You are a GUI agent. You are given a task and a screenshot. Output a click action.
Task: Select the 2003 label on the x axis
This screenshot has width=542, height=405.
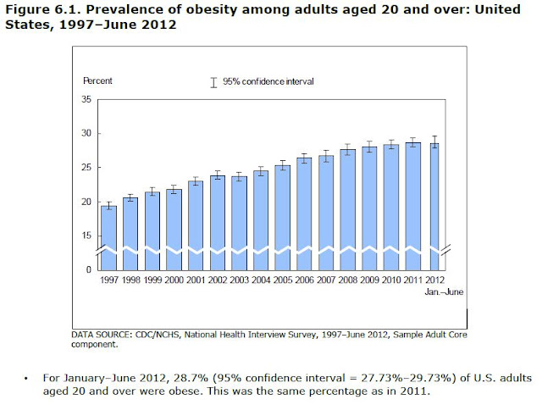pos(239,280)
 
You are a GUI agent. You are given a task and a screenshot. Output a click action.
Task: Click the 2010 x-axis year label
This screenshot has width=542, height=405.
pos(391,280)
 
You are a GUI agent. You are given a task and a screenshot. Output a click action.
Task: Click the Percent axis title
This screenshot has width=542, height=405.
pos(97,80)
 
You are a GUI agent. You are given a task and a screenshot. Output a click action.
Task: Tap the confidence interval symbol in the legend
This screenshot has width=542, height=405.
pos(213,81)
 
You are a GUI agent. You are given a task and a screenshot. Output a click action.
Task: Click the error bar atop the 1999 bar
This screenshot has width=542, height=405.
pos(152,192)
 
